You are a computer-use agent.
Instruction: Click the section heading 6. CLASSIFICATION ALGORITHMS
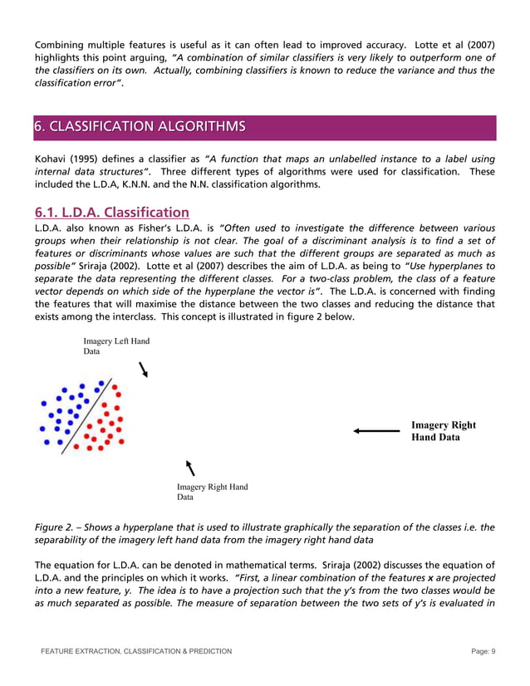click(x=139, y=127)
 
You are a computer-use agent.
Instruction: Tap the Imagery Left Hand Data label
click(x=116, y=345)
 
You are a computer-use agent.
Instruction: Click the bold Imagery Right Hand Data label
click(x=444, y=431)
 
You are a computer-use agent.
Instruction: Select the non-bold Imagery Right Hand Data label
click(x=212, y=492)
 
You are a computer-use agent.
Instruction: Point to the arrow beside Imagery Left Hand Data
click(x=144, y=369)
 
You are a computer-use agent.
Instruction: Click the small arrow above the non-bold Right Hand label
click(x=191, y=468)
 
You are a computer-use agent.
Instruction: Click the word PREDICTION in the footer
click(x=204, y=651)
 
